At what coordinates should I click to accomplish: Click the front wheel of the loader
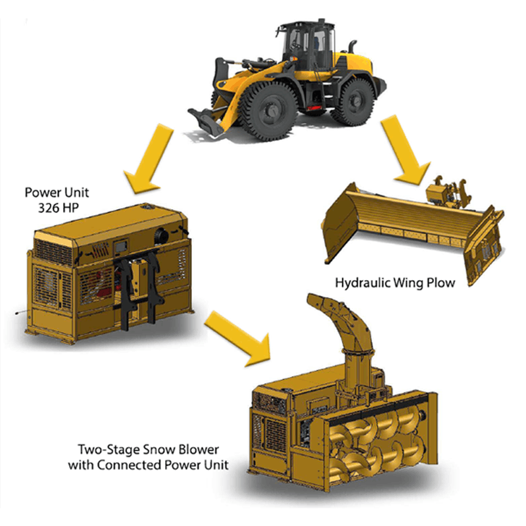click(268, 111)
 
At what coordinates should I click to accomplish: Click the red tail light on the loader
click(314, 108)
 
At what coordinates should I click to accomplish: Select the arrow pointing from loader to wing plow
click(406, 150)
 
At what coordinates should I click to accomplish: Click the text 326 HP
click(59, 208)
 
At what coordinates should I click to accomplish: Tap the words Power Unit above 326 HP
click(57, 193)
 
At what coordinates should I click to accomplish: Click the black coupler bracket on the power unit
click(138, 289)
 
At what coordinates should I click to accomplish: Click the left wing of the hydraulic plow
click(339, 222)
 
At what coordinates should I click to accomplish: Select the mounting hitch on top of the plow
click(447, 192)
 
